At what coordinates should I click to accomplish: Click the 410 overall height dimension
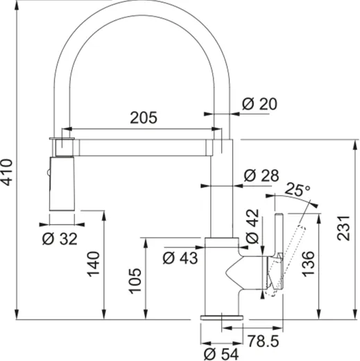(8, 174)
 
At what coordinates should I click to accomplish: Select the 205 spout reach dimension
(144, 117)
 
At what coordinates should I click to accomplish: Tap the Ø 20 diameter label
(260, 104)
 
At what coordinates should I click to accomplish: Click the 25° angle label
(298, 190)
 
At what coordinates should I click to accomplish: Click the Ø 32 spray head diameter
(60, 238)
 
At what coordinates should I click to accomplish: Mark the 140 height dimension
(95, 264)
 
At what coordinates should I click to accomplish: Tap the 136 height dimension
(308, 265)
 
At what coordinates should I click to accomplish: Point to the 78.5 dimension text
(264, 340)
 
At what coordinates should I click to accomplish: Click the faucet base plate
(222, 317)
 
